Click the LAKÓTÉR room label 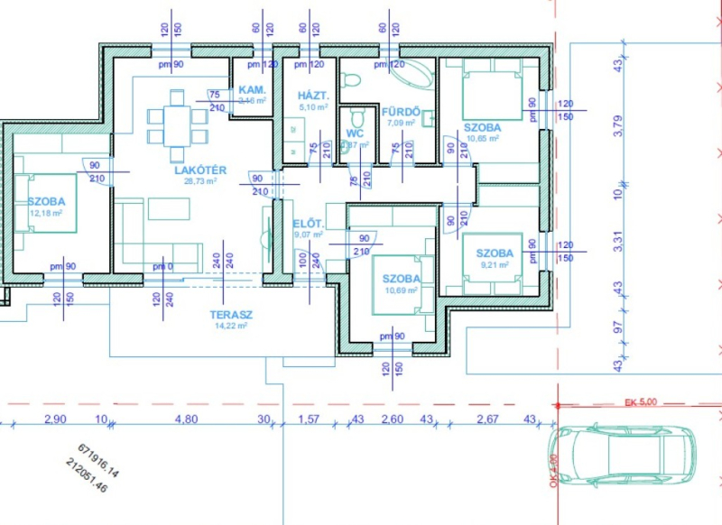[199, 170]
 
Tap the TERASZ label [230, 315]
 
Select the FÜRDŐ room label [401, 111]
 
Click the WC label [354, 134]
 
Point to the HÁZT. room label [313, 95]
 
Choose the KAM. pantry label [250, 91]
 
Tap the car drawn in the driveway [622, 454]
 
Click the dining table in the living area [177, 119]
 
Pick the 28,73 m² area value [199, 181]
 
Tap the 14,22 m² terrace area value [230, 327]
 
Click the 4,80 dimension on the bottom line [186, 419]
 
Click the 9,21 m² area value [495, 265]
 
